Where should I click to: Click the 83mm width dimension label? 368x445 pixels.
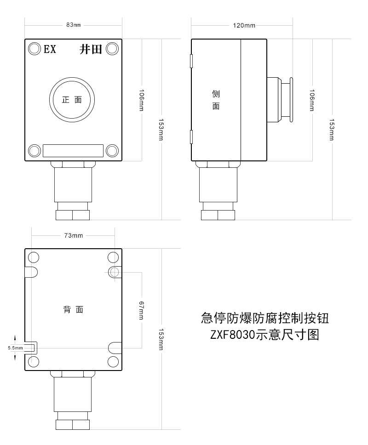point(74,25)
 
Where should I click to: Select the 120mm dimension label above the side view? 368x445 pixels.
point(244,26)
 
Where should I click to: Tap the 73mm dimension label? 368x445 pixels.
point(74,235)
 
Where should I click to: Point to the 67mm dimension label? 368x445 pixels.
point(141,310)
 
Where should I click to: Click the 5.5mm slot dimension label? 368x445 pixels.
point(15,348)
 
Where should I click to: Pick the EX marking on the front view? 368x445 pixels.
point(50,49)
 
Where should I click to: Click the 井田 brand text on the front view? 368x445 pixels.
point(91,49)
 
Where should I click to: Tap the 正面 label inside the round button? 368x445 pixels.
point(72,100)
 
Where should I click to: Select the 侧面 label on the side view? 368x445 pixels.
point(216,100)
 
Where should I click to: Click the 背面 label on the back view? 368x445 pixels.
point(73,309)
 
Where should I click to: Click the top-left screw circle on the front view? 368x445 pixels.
point(34,49)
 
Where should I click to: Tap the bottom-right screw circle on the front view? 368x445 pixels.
point(112,151)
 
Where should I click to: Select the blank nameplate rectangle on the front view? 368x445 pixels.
point(73,151)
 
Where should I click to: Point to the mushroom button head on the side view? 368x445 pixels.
point(291,100)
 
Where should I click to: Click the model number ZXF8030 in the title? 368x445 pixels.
point(232,335)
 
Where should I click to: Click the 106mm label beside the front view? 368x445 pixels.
point(141,100)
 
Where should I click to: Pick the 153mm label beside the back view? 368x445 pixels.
point(161,339)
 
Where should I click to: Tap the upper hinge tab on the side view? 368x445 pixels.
point(191,61)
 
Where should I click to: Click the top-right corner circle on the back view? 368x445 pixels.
point(113,258)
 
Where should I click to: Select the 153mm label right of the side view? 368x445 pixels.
point(332,130)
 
